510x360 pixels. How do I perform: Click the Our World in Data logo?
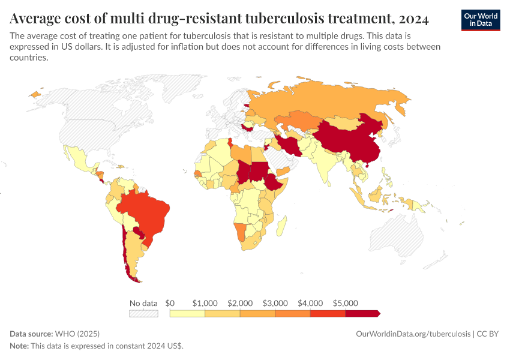480,20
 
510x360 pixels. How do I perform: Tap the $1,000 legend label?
205,303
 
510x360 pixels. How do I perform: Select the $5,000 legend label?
345,303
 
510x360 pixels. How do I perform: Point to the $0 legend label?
170,303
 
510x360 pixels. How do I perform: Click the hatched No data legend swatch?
143,313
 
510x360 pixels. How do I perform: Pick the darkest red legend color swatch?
362,313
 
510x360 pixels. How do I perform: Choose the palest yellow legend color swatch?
187,313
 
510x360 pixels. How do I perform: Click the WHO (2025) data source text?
77,334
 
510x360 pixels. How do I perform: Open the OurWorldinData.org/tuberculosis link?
413,334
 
